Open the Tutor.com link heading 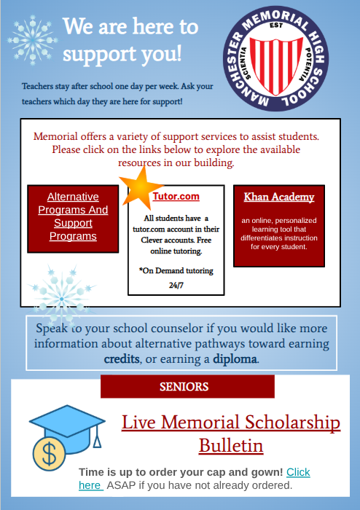click(176, 197)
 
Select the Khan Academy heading click(279, 197)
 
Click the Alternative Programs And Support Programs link click(72, 216)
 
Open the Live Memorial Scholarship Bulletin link click(230, 433)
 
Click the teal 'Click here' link click(298, 472)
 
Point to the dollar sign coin click(50, 455)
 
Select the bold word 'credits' click(122, 359)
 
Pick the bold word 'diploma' click(235, 359)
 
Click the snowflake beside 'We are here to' click(33, 36)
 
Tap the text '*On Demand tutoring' click(176, 270)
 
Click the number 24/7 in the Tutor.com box click(176, 285)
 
